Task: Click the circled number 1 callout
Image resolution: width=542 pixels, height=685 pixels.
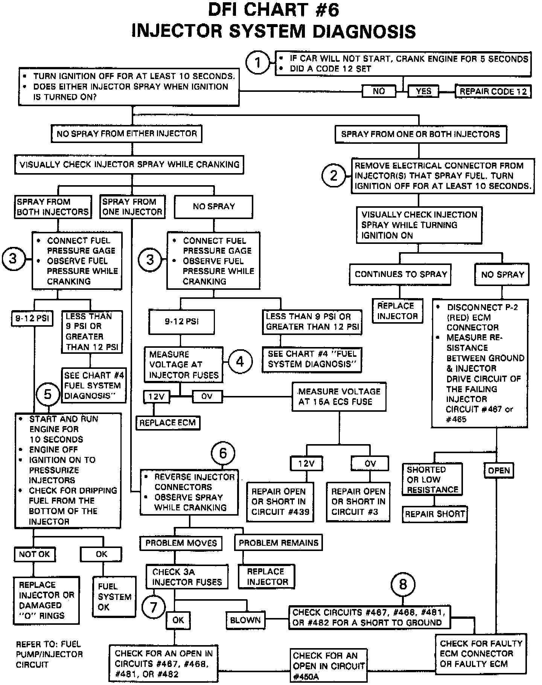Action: (x=257, y=62)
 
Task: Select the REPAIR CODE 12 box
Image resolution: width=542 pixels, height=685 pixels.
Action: (x=493, y=91)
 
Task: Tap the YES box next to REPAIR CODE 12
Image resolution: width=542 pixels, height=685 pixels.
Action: (x=423, y=91)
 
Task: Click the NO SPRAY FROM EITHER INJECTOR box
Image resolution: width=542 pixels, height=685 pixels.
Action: (x=126, y=134)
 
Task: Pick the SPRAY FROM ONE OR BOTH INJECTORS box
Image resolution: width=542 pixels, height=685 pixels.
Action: (x=420, y=134)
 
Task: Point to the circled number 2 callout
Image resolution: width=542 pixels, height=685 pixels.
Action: (x=333, y=175)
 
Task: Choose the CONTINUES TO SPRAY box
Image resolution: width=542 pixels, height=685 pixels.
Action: (x=400, y=274)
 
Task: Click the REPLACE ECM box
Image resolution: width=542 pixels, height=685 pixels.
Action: (x=167, y=423)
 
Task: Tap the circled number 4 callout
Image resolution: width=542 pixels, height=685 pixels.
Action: (x=240, y=362)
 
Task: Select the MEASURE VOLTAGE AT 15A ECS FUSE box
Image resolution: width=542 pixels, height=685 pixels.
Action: (x=339, y=397)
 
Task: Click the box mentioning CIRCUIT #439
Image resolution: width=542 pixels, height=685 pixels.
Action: (x=280, y=502)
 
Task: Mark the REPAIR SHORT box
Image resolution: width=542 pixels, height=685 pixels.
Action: (x=435, y=514)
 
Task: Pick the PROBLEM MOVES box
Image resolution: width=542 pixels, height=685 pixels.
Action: (x=181, y=543)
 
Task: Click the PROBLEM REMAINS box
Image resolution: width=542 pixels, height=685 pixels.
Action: (x=279, y=543)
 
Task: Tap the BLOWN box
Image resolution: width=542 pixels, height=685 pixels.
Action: (x=245, y=620)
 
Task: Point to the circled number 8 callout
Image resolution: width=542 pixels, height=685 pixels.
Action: (x=403, y=585)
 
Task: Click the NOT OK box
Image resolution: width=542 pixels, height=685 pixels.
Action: (x=34, y=554)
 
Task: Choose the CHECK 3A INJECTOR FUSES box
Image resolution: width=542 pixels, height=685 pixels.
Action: (x=187, y=577)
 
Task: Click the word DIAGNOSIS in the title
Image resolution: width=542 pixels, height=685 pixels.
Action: (x=364, y=31)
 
